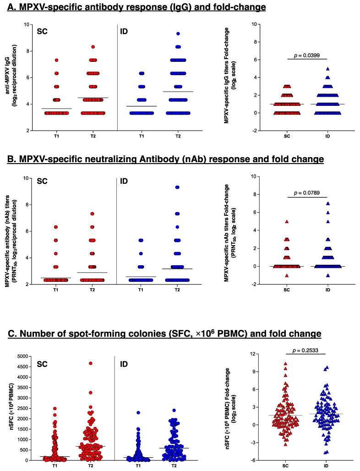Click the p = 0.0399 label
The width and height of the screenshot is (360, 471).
304,55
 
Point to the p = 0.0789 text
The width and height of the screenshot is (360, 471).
304,192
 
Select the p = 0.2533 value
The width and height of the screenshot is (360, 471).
304,351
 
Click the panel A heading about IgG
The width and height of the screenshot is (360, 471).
136,7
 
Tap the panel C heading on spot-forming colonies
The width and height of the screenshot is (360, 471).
156,332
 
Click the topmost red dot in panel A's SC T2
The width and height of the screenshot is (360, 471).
93,47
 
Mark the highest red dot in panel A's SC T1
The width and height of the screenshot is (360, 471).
56,60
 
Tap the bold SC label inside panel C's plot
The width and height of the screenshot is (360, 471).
42,366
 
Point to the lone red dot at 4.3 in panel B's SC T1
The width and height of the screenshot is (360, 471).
56,253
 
